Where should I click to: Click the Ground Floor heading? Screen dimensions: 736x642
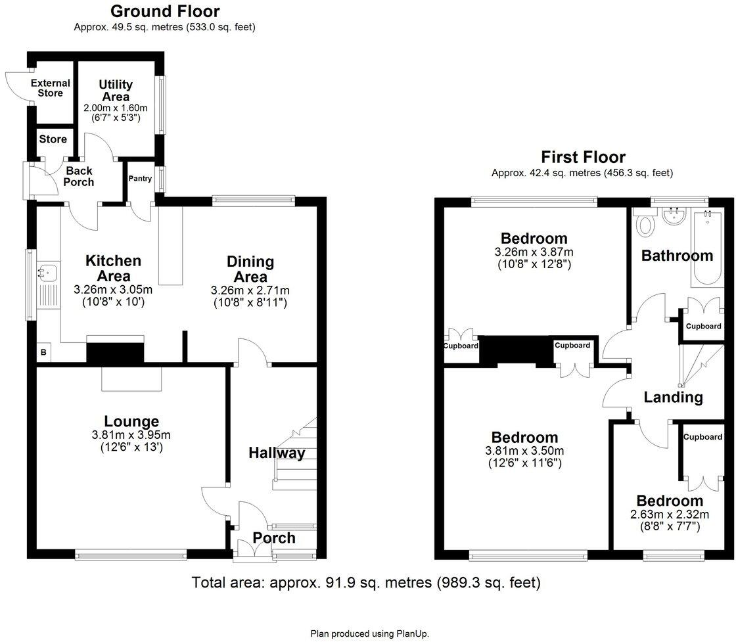point(165,11)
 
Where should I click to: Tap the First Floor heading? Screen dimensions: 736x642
point(583,157)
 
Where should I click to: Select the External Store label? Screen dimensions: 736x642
point(50,88)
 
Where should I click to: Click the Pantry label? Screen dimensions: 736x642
point(141,178)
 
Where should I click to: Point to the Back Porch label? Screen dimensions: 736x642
point(79,177)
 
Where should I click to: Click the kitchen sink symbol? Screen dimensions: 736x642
point(48,271)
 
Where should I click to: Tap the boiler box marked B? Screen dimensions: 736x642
point(43,352)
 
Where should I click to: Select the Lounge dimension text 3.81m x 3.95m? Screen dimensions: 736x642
point(131,435)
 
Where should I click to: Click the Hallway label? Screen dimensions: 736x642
point(277,453)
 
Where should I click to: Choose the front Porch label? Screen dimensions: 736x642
point(274,538)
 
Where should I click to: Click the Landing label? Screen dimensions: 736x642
point(673,398)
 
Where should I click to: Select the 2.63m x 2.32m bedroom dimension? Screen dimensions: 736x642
point(670,515)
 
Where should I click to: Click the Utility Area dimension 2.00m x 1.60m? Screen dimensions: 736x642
point(116,108)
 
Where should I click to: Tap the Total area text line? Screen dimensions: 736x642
point(366,583)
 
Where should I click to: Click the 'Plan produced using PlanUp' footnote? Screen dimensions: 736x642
point(370,634)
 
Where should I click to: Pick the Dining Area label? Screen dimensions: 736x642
point(250,269)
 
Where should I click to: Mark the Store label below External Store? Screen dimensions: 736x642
point(53,139)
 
